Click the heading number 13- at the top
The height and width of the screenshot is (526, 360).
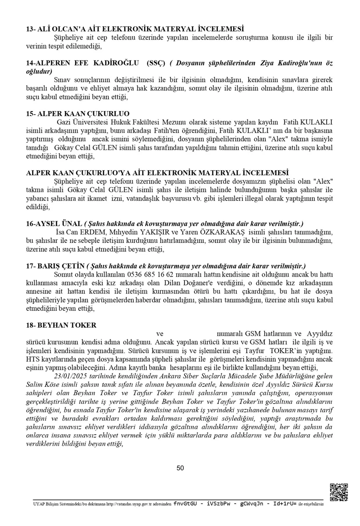(x=32, y=29)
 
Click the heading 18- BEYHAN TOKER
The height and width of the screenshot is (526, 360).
(x=61, y=325)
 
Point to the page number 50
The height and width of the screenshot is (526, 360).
(x=180, y=468)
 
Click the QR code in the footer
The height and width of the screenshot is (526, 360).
(x=339, y=492)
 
